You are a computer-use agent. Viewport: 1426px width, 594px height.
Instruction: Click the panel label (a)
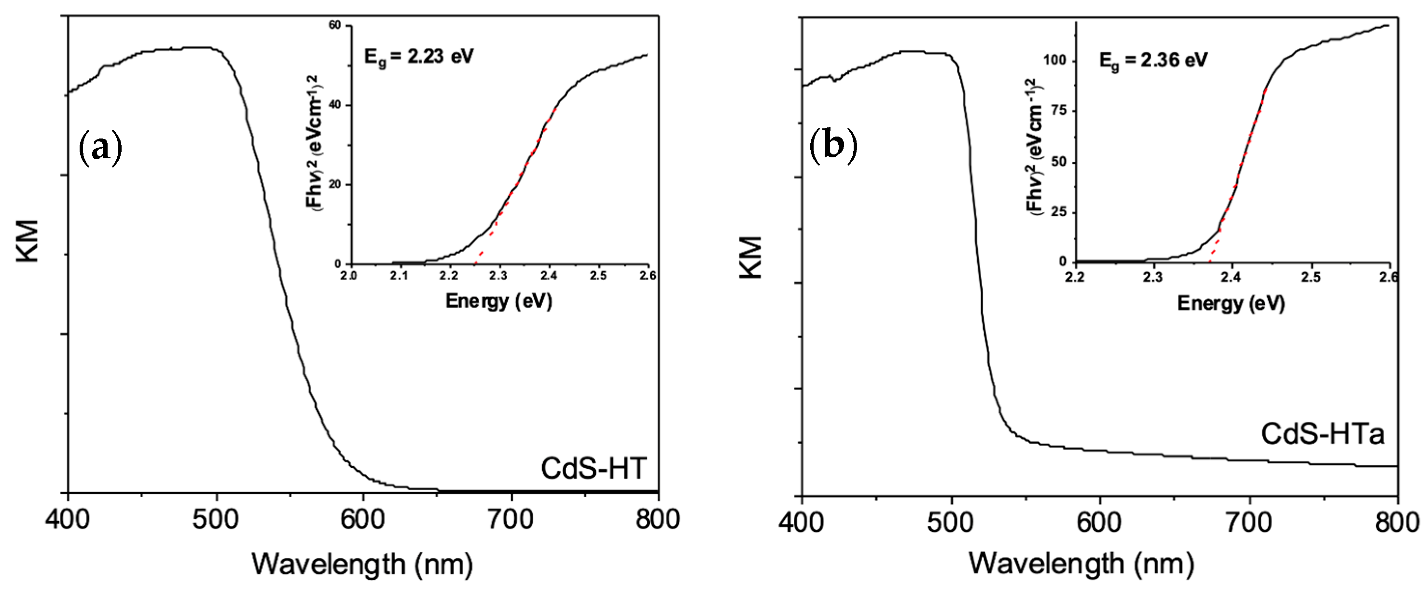[x=100, y=148]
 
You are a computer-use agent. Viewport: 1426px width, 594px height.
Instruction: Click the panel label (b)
[x=833, y=147]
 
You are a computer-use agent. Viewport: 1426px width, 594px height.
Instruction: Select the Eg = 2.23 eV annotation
[x=418, y=57]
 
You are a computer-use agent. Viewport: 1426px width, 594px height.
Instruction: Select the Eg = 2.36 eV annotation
[x=1152, y=60]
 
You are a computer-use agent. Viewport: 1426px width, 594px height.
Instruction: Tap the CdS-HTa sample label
[x=1322, y=433]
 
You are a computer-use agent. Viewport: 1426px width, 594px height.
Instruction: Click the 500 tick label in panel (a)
[x=216, y=520]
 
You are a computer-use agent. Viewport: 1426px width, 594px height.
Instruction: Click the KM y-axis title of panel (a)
[x=28, y=240]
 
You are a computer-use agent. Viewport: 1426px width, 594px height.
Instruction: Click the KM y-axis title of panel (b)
[x=751, y=257]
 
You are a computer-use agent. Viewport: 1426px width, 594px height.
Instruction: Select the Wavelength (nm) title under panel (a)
[x=362, y=565]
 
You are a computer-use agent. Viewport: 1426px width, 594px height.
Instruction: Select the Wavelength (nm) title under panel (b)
[x=1080, y=564]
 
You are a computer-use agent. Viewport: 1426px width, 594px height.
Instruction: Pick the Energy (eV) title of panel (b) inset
[x=1231, y=304]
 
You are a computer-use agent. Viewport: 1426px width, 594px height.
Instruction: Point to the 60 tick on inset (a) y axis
[x=335, y=26]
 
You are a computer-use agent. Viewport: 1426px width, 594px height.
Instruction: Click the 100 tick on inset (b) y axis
[x=1054, y=60]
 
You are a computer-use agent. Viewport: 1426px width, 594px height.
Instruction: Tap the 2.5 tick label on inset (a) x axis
[x=598, y=276]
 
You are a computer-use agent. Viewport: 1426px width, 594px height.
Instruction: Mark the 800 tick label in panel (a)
[x=657, y=520]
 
